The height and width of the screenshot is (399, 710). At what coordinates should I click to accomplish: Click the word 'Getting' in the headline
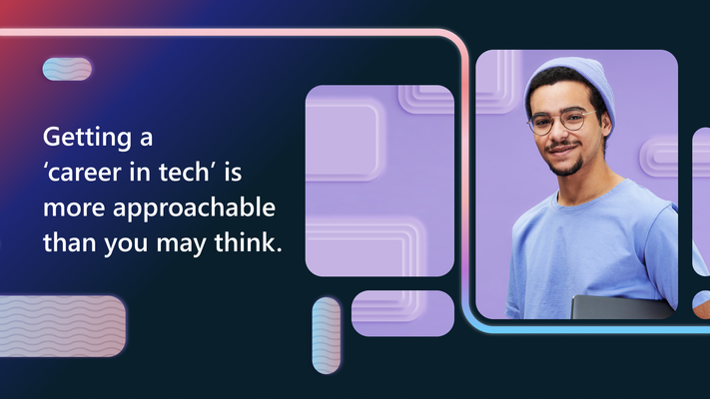(x=88, y=137)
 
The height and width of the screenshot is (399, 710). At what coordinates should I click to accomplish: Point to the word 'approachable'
(x=194, y=208)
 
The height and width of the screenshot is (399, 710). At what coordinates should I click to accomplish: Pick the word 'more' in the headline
(x=74, y=208)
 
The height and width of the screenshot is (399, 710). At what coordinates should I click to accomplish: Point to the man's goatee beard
(x=566, y=169)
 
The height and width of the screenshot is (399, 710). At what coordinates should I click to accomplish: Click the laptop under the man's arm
(x=621, y=306)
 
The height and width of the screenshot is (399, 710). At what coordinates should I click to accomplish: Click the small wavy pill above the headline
(x=67, y=69)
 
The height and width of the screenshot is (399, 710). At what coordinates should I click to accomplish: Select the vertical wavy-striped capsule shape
(x=326, y=336)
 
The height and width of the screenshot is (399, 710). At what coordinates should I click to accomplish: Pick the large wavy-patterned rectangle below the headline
(x=62, y=326)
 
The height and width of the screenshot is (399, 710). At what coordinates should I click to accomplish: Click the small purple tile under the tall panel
(x=402, y=313)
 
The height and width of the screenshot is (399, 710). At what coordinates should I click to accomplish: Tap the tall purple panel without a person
(x=379, y=181)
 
